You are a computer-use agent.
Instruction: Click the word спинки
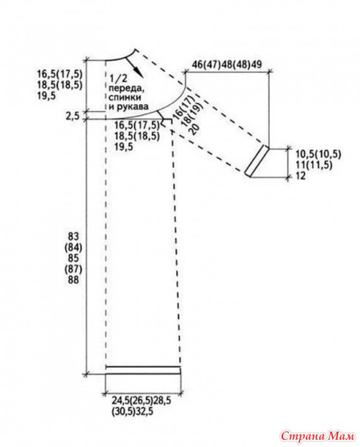coord(125,97)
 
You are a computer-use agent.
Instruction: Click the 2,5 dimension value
coord(73,117)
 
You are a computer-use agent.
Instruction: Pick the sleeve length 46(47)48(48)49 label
coord(227,64)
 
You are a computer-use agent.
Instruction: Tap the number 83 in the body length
coord(74,237)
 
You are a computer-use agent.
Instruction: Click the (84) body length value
coord(74,247)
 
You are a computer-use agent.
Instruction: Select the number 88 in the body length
coord(73,280)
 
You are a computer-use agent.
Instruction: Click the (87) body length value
coord(74,269)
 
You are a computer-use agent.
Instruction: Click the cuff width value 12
coord(301,176)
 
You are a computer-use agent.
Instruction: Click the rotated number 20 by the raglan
coord(196,129)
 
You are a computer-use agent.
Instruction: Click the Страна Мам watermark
coord(317,436)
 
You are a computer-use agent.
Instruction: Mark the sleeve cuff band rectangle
coord(257,161)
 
